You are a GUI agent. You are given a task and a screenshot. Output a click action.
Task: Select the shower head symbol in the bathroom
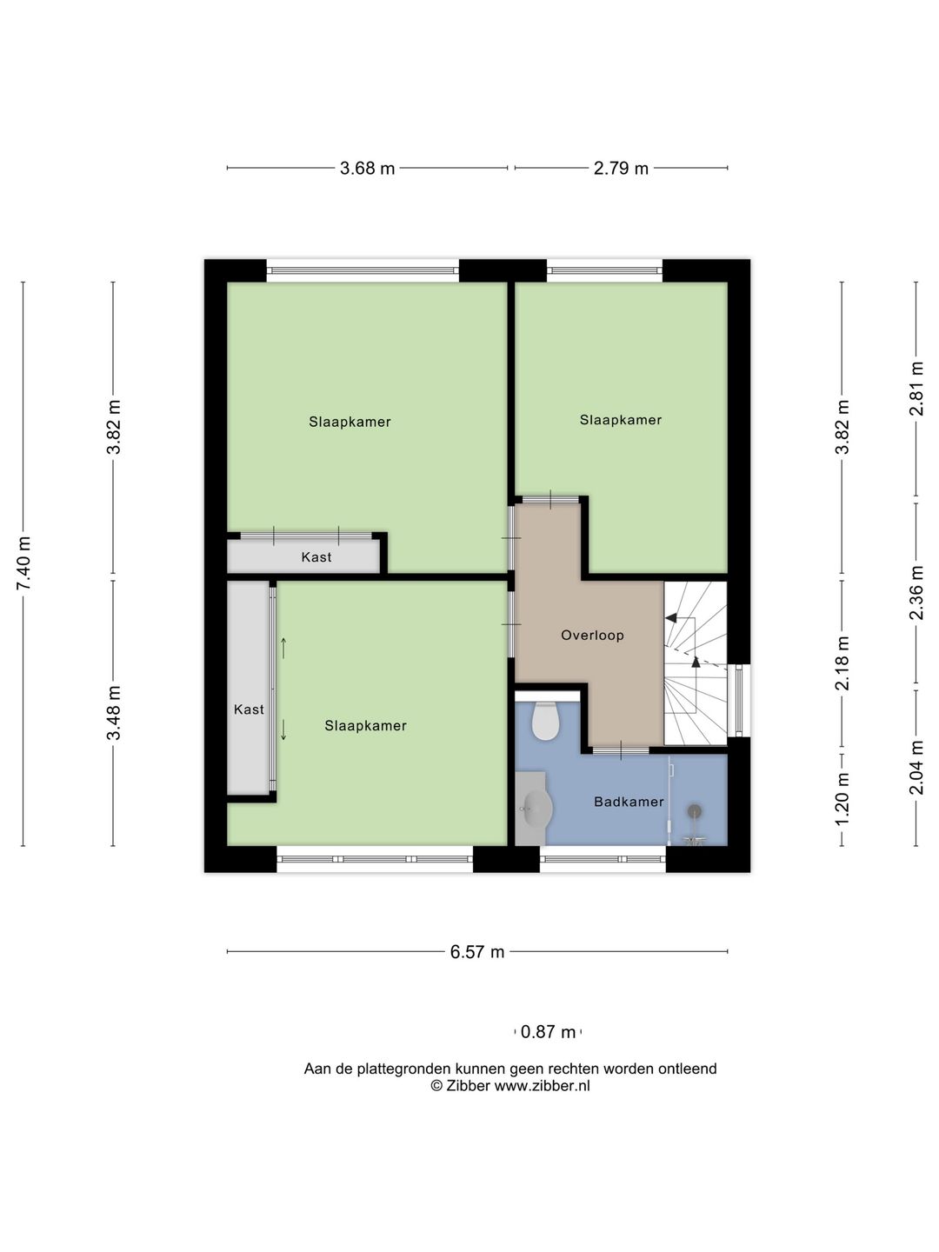tap(695, 812)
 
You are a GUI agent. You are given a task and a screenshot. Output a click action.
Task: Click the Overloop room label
tap(592, 636)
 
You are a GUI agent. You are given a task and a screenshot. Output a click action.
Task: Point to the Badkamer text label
tap(629, 802)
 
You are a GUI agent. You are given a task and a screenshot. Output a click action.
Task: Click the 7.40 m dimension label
tap(23, 563)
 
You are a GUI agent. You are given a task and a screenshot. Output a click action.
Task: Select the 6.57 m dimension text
tap(477, 952)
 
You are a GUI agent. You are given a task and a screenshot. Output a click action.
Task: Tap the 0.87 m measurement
tap(548, 1032)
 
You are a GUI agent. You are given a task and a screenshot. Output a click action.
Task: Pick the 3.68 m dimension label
tap(367, 169)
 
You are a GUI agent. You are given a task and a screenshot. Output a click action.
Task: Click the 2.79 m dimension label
tap(621, 169)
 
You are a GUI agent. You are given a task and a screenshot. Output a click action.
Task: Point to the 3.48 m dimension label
tap(113, 713)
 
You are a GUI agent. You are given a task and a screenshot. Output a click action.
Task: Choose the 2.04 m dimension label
tap(916, 768)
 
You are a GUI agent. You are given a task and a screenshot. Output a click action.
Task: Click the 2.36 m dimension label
tap(916, 593)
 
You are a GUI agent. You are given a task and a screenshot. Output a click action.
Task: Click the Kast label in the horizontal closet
tap(316, 556)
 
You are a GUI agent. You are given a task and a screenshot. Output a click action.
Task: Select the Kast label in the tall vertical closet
tap(250, 709)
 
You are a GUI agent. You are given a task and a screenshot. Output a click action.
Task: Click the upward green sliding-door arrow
tap(283, 648)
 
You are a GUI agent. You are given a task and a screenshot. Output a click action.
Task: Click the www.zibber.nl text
tap(542, 1085)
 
